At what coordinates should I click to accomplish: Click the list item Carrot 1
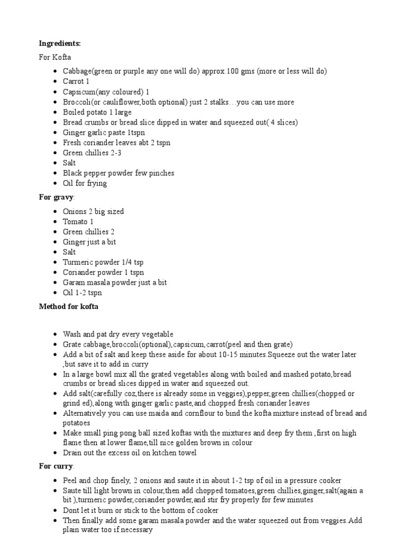point(76,81)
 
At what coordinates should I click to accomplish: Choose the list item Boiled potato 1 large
point(97,112)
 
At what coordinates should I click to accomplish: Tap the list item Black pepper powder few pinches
point(118,173)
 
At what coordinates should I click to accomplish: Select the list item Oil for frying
point(85,183)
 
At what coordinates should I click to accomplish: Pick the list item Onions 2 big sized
point(93,211)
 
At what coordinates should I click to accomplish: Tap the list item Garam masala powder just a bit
point(115,283)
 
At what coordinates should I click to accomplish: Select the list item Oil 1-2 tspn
point(82,293)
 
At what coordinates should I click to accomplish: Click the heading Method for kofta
point(68,306)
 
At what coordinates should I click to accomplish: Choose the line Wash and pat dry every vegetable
point(118,334)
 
